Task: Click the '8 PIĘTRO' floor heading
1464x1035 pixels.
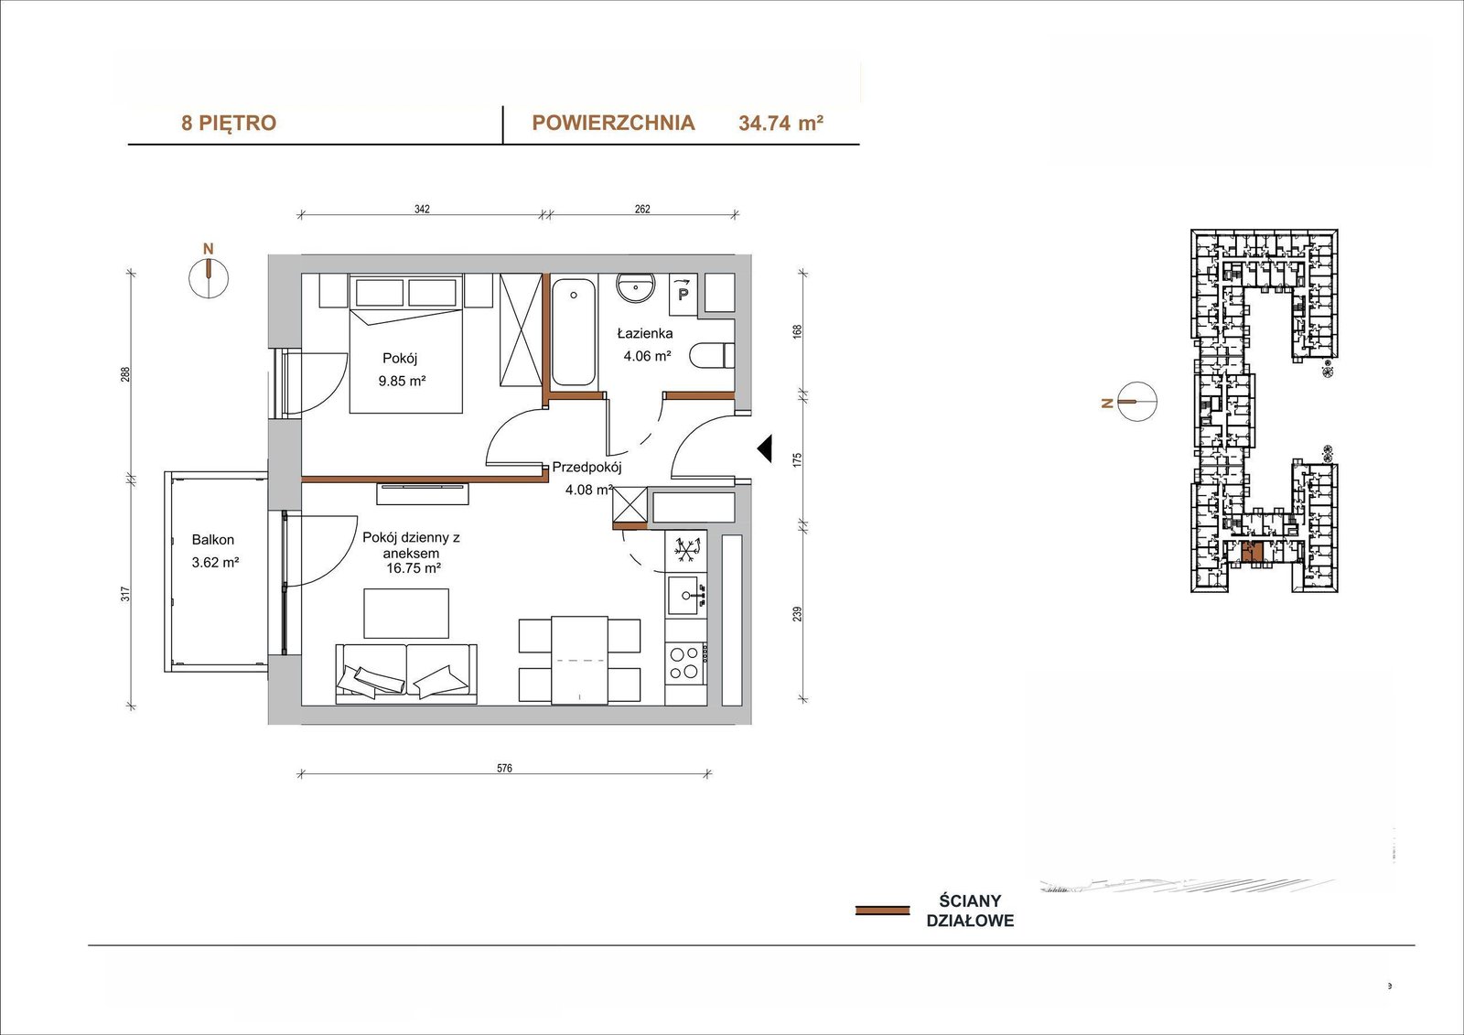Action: [x=229, y=123]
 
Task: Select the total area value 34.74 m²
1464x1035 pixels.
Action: [x=780, y=123]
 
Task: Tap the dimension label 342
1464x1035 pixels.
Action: [x=422, y=210]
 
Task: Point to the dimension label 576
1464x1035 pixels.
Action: [x=504, y=768]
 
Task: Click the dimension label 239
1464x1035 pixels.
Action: [x=797, y=614]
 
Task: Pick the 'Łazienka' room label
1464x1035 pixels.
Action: [x=645, y=333]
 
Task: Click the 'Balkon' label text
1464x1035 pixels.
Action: [x=213, y=540]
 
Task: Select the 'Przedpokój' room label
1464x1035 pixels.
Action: [x=587, y=468]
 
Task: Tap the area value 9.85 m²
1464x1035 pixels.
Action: [x=402, y=381]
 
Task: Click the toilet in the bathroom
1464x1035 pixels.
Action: [x=713, y=357]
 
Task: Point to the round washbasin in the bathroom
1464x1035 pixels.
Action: [x=636, y=287]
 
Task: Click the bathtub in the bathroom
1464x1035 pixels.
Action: [x=574, y=333]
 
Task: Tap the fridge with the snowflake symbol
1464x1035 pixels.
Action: [x=686, y=550]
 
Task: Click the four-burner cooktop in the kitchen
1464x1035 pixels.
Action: [x=685, y=663]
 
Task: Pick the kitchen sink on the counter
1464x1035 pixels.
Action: [x=686, y=595]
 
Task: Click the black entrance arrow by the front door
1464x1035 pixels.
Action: [x=765, y=449]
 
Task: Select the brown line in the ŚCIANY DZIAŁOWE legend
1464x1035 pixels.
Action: [x=882, y=911]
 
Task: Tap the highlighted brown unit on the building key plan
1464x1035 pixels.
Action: [x=1252, y=553]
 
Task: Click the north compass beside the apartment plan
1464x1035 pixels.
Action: [x=209, y=275]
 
